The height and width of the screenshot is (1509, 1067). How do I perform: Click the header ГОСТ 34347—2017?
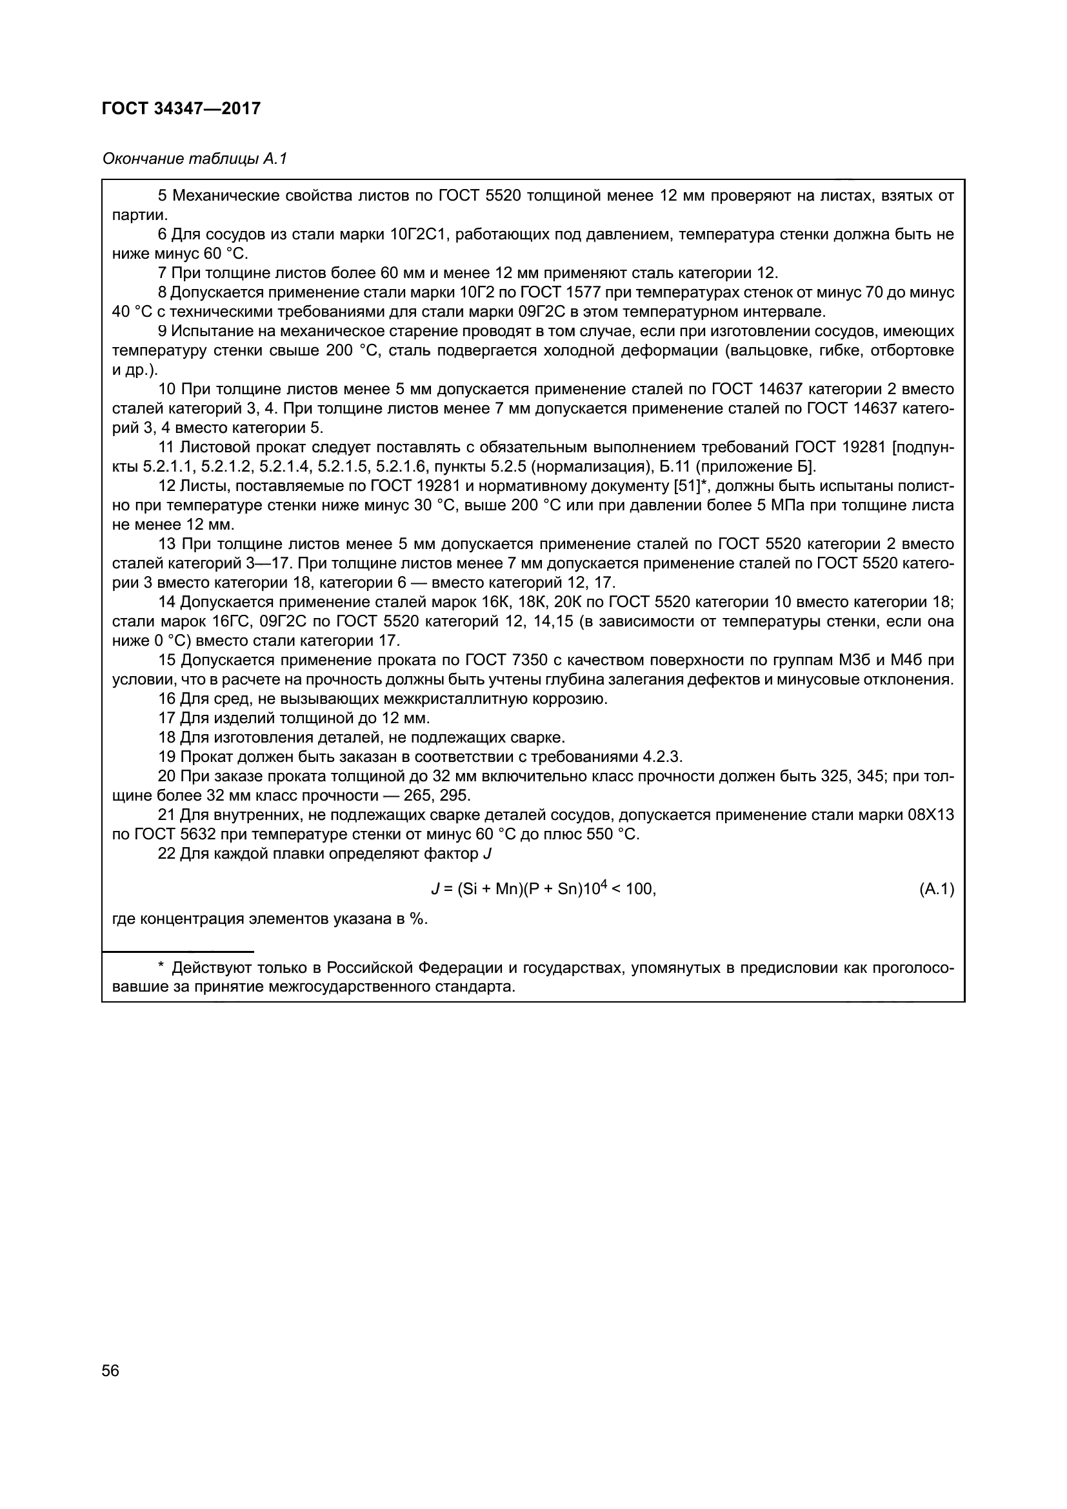click(x=181, y=108)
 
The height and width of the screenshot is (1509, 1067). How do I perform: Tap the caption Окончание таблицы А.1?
click(x=194, y=159)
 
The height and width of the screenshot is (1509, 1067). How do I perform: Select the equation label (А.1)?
click(x=936, y=889)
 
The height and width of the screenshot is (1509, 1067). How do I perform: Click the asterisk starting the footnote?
click(x=161, y=967)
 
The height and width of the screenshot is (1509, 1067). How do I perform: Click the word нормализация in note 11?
click(x=572, y=467)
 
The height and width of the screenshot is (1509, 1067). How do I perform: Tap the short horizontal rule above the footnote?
click(x=178, y=951)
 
